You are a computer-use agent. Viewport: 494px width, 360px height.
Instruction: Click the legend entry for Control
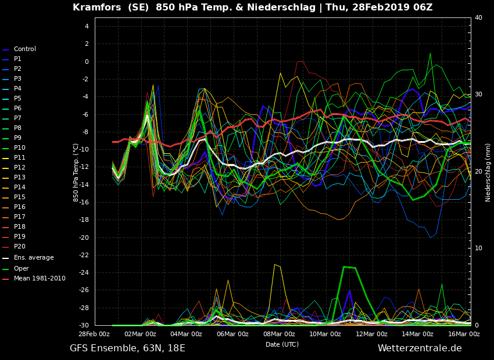[x=19, y=49]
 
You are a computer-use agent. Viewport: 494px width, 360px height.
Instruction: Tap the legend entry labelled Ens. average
[x=28, y=258]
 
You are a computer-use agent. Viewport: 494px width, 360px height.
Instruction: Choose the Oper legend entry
[x=16, y=268]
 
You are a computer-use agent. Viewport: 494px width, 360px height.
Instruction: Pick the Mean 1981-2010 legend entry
[x=34, y=279]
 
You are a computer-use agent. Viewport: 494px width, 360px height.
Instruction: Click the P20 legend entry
[x=13, y=246]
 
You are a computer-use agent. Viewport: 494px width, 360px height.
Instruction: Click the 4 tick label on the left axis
[x=87, y=27]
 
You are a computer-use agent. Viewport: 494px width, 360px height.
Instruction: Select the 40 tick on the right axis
[x=478, y=17]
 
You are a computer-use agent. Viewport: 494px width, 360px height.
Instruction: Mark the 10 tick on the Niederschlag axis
[x=478, y=249]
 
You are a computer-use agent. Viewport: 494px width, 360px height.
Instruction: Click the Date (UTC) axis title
[x=282, y=344]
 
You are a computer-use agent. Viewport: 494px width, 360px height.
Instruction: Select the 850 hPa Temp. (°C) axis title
[x=76, y=173]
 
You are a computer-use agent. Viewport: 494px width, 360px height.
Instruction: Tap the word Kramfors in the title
[x=96, y=7]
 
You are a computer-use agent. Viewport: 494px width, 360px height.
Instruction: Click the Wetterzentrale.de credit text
[x=420, y=348]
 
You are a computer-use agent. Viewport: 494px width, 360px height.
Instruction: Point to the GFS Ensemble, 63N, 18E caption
[x=128, y=348]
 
